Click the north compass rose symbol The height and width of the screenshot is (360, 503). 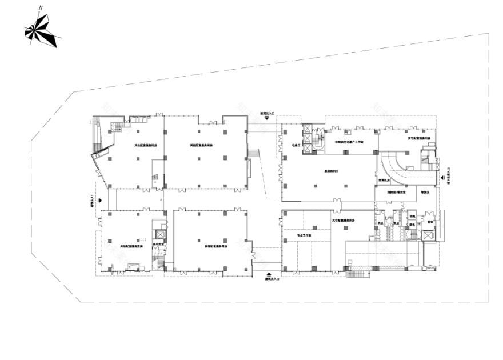[42, 31]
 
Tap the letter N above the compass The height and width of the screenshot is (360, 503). [40, 8]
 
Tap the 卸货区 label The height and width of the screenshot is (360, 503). [424, 193]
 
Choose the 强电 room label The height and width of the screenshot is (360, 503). [412, 216]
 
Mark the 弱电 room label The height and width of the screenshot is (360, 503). [412, 225]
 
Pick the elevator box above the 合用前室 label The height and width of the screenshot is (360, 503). [159, 235]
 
